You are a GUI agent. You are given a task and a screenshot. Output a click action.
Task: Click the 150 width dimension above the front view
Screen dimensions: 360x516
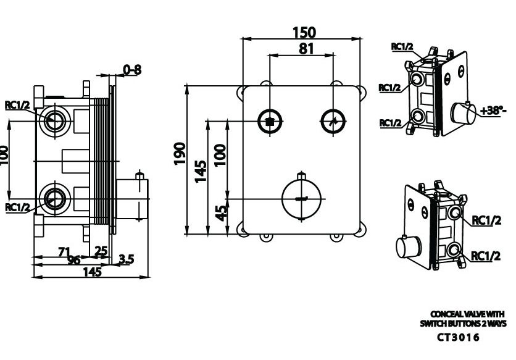click(302, 32)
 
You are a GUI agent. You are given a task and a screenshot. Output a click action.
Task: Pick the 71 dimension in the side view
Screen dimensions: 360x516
click(64, 251)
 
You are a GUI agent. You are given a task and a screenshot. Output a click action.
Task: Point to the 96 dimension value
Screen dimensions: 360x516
click(73, 260)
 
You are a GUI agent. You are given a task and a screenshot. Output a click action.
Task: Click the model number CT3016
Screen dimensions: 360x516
click(458, 338)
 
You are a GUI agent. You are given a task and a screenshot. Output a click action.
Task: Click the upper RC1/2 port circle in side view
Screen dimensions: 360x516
click(54, 119)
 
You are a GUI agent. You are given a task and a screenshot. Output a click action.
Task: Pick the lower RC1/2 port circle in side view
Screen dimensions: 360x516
click(54, 198)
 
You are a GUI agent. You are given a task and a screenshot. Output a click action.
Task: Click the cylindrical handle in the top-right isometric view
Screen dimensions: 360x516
click(462, 114)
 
